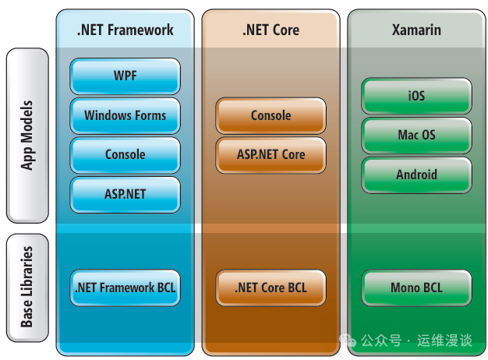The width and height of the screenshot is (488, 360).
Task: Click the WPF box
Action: click(x=125, y=76)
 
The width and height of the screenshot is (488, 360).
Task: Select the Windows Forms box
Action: click(x=125, y=115)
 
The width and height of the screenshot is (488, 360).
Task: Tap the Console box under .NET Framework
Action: click(x=125, y=154)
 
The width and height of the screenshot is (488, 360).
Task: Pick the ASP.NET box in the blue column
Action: click(x=125, y=194)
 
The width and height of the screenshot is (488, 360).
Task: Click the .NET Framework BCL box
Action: click(x=125, y=288)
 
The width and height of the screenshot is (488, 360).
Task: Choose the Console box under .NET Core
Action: click(x=271, y=115)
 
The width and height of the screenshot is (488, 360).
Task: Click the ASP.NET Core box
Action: click(x=271, y=154)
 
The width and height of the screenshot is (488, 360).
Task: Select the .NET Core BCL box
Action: click(x=271, y=288)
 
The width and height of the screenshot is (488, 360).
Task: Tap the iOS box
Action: click(x=416, y=96)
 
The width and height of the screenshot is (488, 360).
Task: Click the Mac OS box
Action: click(x=416, y=136)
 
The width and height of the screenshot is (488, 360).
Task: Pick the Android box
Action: click(x=416, y=175)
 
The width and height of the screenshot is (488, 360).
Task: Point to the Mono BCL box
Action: click(x=416, y=288)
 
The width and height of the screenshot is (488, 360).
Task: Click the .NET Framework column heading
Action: click(x=125, y=30)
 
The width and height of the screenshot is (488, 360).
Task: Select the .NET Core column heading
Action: click(x=271, y=30)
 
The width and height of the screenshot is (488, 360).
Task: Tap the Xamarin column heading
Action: click(x=416, y=30)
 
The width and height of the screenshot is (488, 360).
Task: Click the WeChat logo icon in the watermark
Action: click(x=347, y=341)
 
